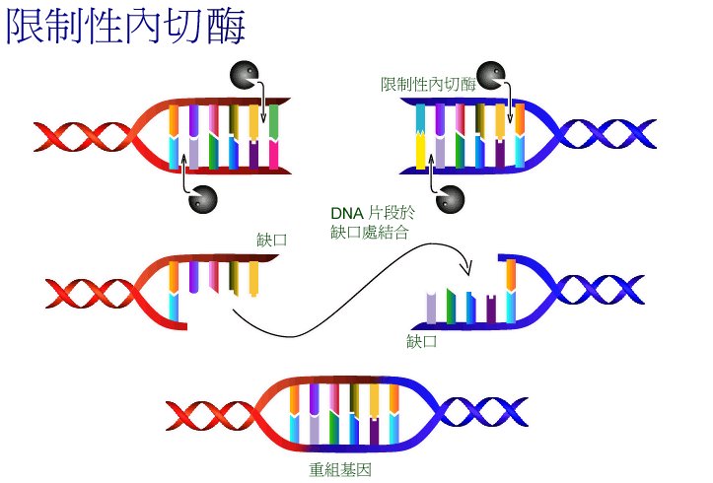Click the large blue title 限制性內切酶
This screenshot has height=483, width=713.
[x=125, y=27]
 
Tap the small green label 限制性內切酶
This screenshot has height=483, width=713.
[x=428, y=84]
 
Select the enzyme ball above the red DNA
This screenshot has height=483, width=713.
[x=245, y=74]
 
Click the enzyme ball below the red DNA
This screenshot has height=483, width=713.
[x=203, y=199]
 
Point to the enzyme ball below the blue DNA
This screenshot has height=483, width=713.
[x=450, y=199]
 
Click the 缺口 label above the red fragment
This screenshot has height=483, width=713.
[x=272, y=240]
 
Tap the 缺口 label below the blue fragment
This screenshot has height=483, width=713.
[x=421, y=341]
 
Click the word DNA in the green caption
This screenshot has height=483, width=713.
[x=347, y=213]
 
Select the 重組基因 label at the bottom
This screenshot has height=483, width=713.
[x=340, y=469]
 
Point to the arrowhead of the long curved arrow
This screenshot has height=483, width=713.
[x=467, y=268]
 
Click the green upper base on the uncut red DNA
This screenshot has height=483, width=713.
[x=273, y=121]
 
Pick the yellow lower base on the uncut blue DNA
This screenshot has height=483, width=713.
[x=421, y=151]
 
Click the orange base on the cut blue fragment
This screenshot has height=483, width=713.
[x=511, y=275]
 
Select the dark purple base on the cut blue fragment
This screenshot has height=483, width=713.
[x=491, y=309]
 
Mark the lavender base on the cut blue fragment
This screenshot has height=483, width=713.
[x=431, y=309]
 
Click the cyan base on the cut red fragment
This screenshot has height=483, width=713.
[x=174, y=307]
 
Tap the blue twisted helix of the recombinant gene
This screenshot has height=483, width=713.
[x=482, y=412]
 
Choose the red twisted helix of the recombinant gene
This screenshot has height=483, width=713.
[x=211, y=415]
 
